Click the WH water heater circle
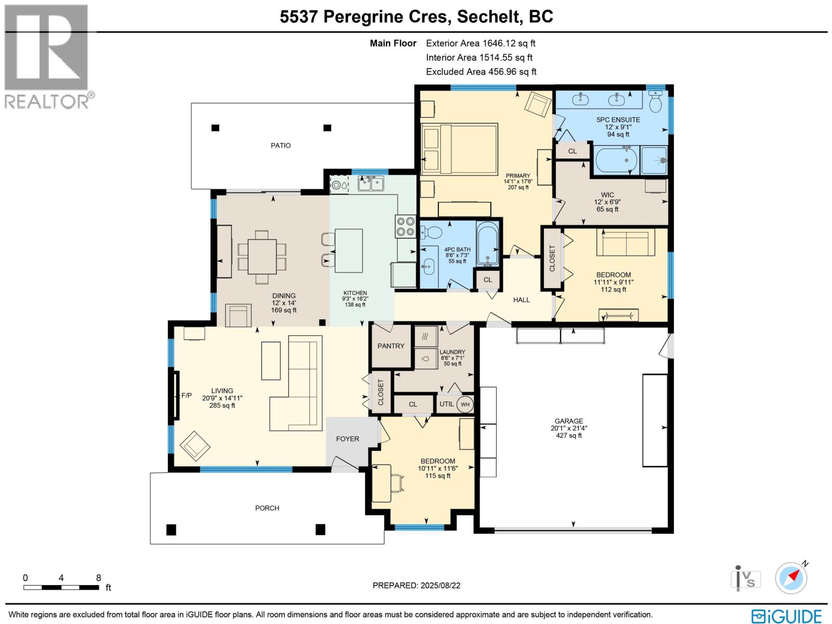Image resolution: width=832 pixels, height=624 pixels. [x=465, y=405]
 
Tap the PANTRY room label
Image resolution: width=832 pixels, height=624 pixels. [x=391, y=346]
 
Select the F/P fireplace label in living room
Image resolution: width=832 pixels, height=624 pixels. [x=186, y=396]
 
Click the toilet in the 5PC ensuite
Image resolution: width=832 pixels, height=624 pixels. [x=655, y=102]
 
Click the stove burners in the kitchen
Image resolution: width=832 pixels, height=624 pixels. [x=405, y=226]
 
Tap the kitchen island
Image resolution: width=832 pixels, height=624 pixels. [x=348, y=251]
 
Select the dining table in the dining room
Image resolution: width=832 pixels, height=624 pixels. [x=262, y=256]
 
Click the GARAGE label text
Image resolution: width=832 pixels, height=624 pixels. [x=568, y=421]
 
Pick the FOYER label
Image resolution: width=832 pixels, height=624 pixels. [x=347, y=439]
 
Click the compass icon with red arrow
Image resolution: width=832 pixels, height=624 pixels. [x=791, y=578]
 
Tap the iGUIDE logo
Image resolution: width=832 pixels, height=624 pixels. [x=786, y=616]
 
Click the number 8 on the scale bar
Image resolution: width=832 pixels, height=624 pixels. [x=98, y=578]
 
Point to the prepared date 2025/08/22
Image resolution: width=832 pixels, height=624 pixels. [x=439, y=586]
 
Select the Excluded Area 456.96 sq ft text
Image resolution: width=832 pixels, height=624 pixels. [x=481, y=72]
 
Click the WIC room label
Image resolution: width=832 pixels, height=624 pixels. [x=607, y=195]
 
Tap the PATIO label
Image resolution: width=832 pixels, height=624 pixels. [x=281, y=146]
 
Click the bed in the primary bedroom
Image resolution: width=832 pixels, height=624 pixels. [x=460, y=149]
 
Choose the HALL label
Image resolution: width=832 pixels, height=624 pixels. [x=521, y=300]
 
